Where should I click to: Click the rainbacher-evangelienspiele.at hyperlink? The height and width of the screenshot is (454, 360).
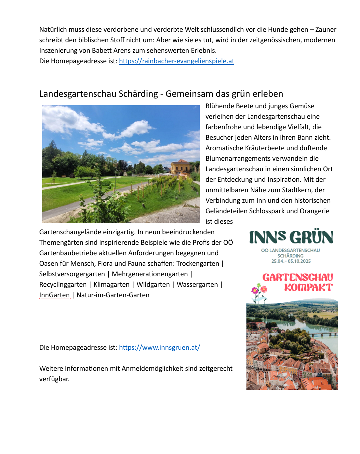click(176, 61)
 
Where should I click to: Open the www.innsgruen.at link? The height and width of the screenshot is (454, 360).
click(159, 347)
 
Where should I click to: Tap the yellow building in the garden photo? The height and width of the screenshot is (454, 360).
click(180, 167)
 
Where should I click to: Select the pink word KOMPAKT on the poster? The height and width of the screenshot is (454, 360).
click(308, 287)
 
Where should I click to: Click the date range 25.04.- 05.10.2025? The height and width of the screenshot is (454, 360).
click(291, 261)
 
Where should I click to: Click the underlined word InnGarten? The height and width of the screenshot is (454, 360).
click(54, 295)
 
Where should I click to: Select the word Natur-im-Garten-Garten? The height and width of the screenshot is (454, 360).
click(113, 295)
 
